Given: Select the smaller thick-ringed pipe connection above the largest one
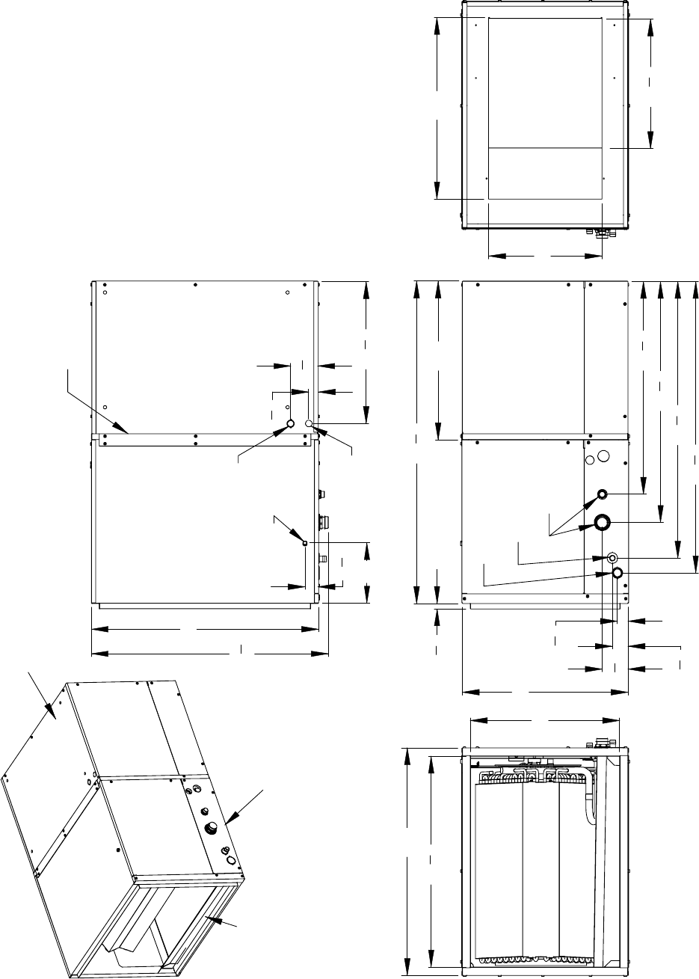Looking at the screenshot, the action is tap(602, 494).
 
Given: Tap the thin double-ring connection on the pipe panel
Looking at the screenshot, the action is tap(612, 558).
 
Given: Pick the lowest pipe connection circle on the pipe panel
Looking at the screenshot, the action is tap(618, 573).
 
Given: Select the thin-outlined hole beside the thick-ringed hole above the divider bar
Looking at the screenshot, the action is tap(309, 424).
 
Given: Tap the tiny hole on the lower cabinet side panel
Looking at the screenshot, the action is tap(305, 542).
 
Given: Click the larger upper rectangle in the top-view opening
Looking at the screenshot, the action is tap(545, 82).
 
